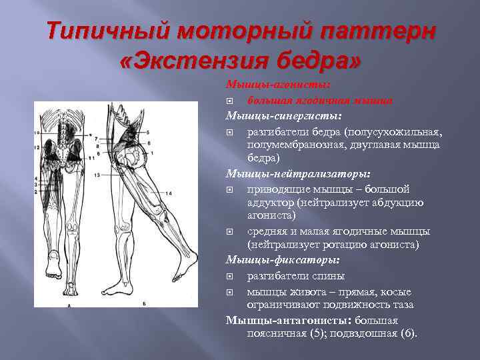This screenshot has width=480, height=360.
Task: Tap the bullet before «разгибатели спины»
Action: [x=230, y=276]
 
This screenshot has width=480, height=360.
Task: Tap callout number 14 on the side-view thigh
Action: [x=169, y=193]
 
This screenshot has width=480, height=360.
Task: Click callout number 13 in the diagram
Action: [x=97, y=174]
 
